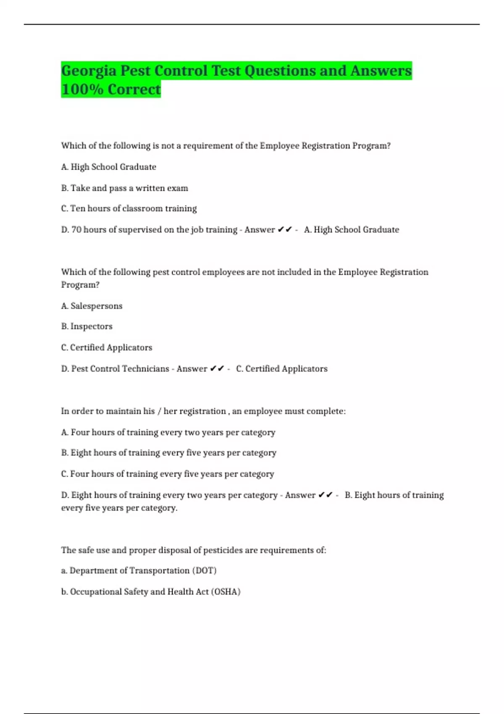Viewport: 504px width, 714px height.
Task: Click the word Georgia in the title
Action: click(89, 71)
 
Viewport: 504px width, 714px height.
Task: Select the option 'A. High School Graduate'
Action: click(108, 167)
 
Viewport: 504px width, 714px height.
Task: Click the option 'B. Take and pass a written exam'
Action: click(124, 188)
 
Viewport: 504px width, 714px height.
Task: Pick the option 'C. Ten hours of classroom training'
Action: click(129, 209)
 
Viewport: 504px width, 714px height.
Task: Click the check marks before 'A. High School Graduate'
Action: click(285, 230)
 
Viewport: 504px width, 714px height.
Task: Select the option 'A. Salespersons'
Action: click(92, 306)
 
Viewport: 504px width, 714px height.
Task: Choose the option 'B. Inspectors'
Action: click(87, 327)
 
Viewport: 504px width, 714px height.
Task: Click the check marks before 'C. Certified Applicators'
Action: click(217, 369)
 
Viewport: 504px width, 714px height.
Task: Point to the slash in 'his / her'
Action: click(159, 412)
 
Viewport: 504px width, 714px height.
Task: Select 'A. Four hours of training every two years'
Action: click(168, 433)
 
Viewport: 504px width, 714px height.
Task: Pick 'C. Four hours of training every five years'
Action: click(167, 474)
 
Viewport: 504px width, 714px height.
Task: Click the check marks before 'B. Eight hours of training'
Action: click(325, 495)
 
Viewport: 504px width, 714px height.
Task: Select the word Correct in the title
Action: click(134, 89)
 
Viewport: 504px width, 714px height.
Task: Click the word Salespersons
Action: click(96, 306)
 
